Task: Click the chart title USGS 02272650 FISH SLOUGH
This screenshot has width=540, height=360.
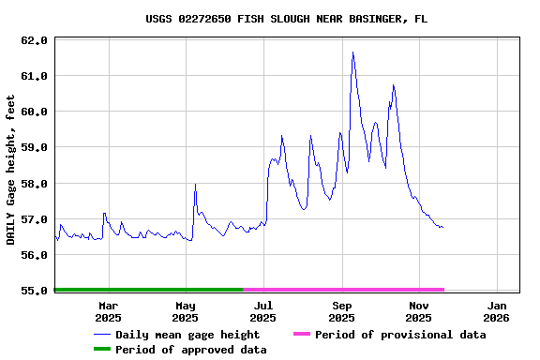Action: [x=287, y=19]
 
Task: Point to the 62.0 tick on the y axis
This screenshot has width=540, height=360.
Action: [x=34, y=40]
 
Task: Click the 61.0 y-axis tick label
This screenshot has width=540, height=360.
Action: [x=34, y=76]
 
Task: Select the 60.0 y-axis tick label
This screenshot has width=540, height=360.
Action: [x=34, y=112]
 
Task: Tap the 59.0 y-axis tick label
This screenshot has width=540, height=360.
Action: [x=34, y=147]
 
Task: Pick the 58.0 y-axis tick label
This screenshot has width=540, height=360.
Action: [x=34, y=184]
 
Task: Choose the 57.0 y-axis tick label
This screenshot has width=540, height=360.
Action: [x=34, y=219]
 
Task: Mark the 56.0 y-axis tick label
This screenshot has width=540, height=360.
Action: [x=34, y=255]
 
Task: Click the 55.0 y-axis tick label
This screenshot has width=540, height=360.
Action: [x=34, y=291]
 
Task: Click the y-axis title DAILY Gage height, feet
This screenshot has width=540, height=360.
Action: [x=11, y=170]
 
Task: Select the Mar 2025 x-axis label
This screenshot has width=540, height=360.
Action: [x=108, y=311]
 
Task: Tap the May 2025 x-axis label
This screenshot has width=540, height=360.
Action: [x=186, y=311]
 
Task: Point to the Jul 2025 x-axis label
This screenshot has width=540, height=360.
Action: [x=263, y=311]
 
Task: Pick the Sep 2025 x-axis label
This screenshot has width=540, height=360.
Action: [x=342, y=311]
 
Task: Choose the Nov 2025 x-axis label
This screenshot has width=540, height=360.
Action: [x=419, y=311]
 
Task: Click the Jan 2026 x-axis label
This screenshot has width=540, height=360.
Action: [x=497, y=311]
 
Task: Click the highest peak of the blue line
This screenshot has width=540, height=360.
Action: [x=352, y=52]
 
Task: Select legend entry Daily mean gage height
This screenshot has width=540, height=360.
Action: [x=187, y=335]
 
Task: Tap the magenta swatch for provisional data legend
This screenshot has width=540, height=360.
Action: [x=301, y=335]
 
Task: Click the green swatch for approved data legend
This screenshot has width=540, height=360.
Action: [x=101, y=350]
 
